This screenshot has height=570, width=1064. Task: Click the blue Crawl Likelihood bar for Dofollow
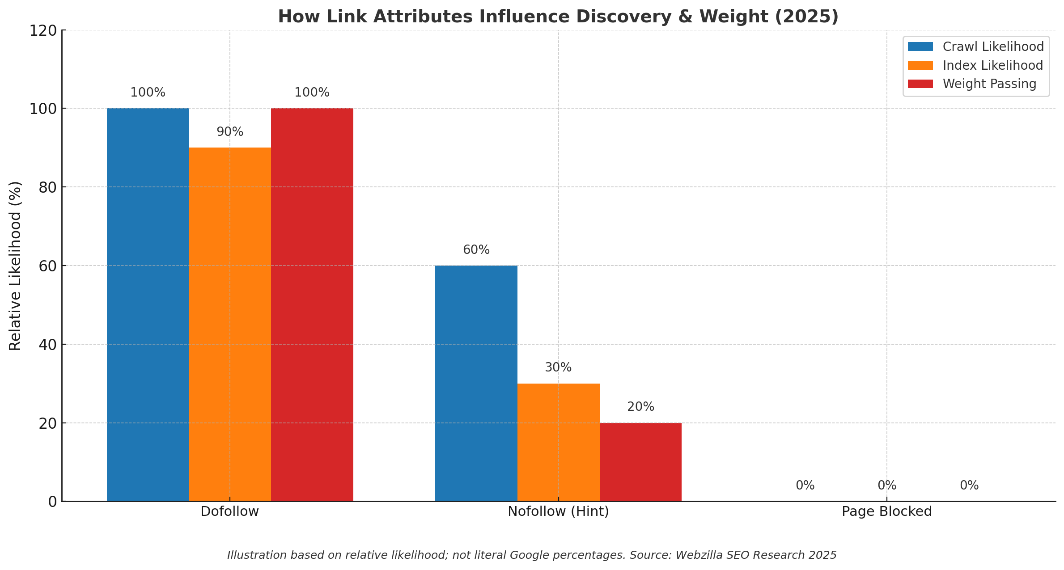tap(148, 304)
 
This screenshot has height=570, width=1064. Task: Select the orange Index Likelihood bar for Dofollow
tap(230, 324)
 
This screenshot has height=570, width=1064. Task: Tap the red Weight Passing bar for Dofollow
tap(312, 304)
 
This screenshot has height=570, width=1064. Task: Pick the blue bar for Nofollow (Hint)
tap(476, 383)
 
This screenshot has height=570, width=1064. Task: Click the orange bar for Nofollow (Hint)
tap(558, 442)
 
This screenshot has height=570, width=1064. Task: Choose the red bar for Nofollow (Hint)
tap(640, 462)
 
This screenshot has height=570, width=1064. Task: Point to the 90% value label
tap(230, 132)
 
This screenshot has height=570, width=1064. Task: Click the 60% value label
tap(476, 250)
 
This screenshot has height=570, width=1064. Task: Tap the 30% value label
tap(558, 367)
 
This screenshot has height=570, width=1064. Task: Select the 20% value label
tap(640, 407)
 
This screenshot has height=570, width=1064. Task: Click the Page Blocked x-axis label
tap(886, 511)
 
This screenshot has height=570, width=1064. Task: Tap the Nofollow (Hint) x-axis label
tap(558, 511)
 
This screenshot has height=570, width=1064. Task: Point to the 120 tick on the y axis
tap(43, 30)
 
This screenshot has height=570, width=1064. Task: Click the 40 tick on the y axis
tap(47, 345)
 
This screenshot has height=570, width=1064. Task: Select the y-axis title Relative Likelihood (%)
tap(15, 266)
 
